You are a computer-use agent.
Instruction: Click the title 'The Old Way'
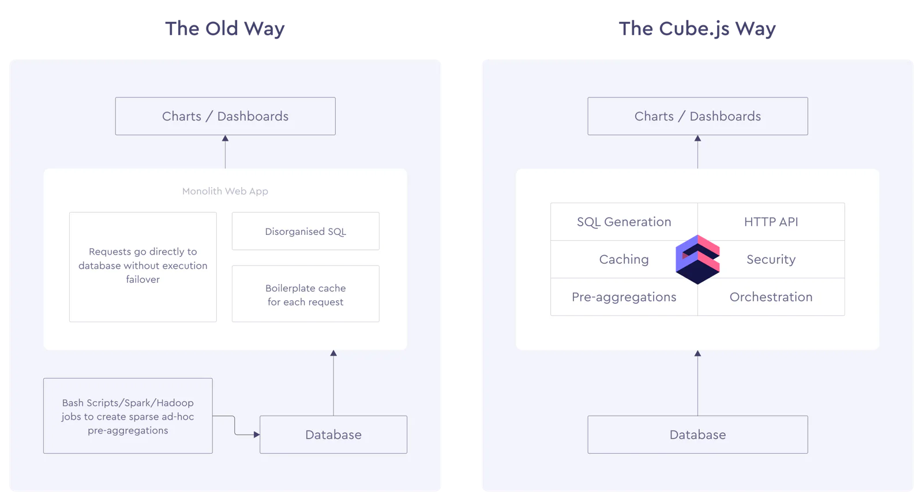point(224,28)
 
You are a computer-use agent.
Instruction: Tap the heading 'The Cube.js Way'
point(697,29)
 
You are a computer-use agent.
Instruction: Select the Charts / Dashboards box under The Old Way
point(226,116)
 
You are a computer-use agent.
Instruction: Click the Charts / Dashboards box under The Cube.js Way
point(697,116)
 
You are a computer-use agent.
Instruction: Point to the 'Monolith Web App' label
point(225,191)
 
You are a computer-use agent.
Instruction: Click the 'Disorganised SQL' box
point(305,231)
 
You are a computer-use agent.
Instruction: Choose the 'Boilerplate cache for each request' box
point(305,294)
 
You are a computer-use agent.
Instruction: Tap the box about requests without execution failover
point(143,267)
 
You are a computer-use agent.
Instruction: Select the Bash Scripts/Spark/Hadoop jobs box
point(127,416)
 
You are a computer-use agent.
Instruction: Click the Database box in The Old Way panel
point(333,435)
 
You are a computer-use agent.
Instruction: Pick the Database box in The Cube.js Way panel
point(697,435)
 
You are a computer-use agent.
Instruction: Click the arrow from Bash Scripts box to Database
point(235,425)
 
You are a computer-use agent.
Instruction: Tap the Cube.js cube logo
point(697,259)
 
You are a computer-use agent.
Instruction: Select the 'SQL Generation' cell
point(624,222)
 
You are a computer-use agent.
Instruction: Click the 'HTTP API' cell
point(771,222)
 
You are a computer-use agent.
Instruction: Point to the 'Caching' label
point(624,259)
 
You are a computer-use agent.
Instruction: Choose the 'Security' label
point(771,259)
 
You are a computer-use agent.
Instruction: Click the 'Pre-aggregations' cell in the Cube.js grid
point(624,297)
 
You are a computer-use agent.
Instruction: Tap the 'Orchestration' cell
point(771,297)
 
